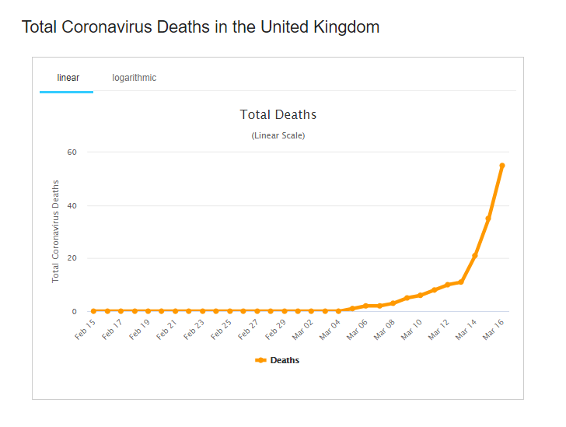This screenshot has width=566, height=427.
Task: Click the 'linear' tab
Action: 68,78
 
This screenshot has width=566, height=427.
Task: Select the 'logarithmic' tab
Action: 134,78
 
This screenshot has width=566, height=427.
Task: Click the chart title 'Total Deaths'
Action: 278,115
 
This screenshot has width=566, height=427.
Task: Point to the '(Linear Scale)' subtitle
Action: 278,135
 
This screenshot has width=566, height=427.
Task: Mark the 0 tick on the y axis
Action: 74,311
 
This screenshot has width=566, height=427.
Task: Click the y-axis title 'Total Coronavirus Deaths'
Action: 55,231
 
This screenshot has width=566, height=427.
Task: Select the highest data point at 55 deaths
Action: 502,166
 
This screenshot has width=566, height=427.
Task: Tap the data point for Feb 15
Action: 93,310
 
